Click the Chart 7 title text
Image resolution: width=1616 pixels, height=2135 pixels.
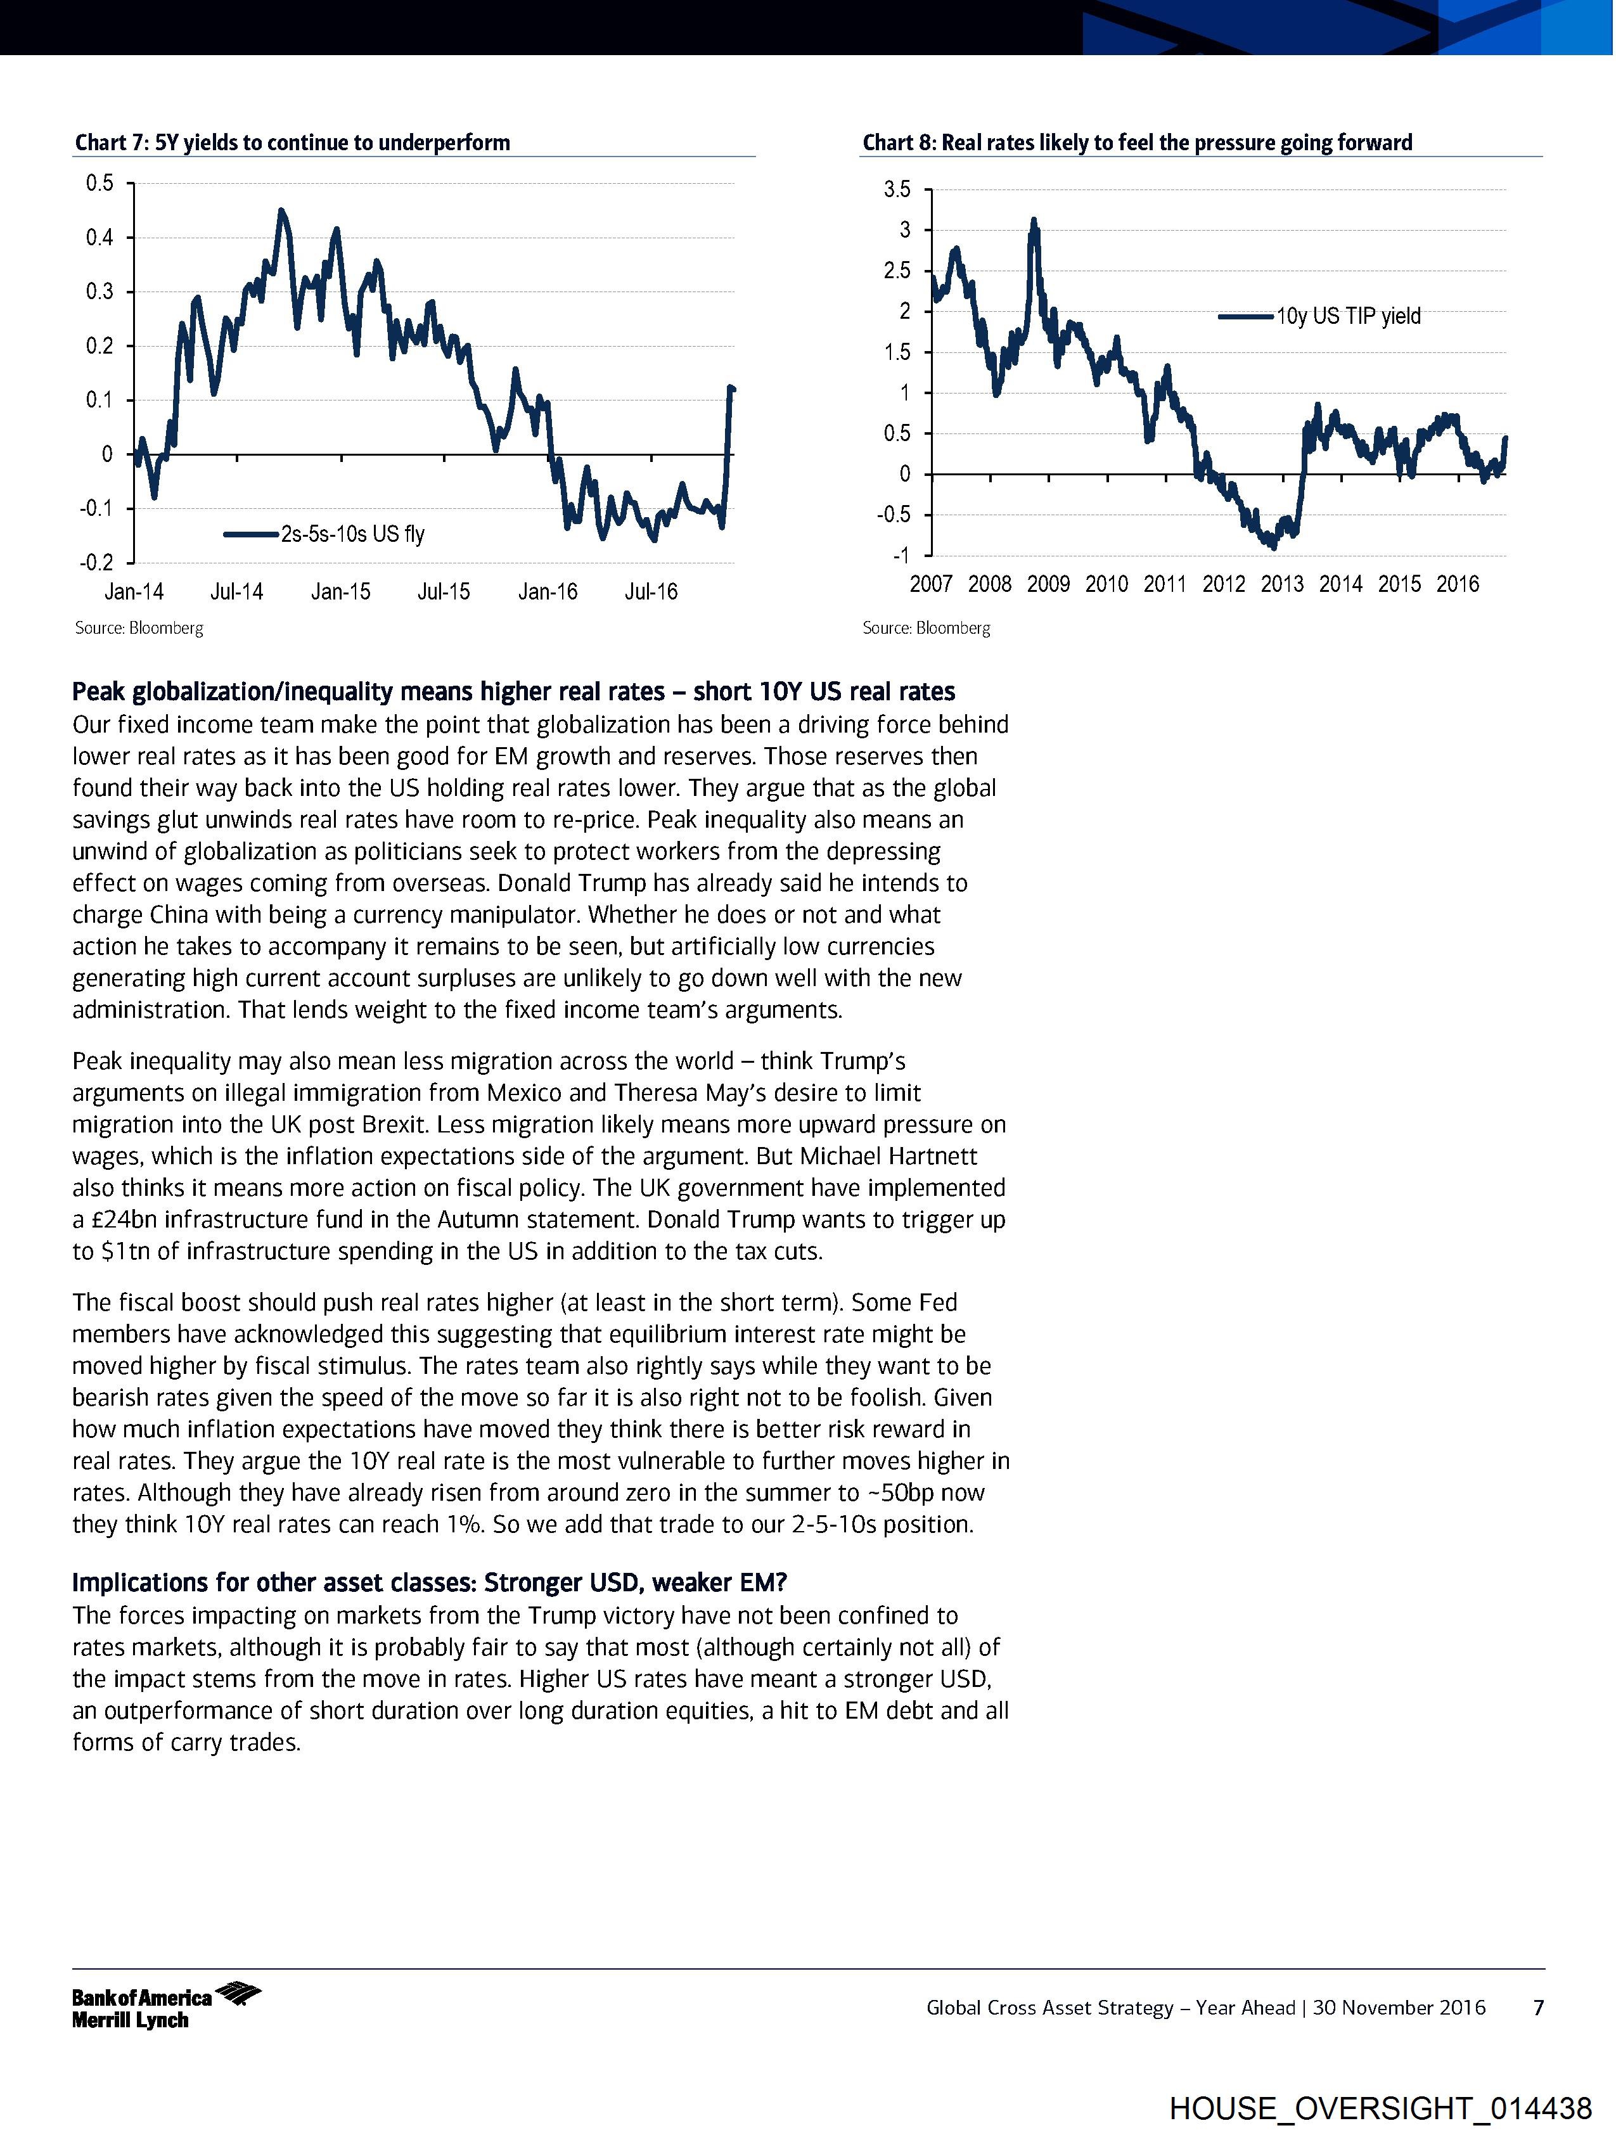(293, 143)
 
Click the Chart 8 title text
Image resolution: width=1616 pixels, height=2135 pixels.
(1136, 143)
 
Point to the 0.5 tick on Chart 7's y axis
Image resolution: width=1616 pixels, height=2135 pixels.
(100, 183)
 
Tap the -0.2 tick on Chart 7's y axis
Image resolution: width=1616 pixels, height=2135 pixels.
(96, 563)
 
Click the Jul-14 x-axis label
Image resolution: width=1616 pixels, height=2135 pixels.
(236, 592)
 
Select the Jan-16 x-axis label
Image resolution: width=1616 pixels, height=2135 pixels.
(548, 592)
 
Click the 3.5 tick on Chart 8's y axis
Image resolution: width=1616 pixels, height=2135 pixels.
(897, 190)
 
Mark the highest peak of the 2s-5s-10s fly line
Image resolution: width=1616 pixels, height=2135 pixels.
(281, 210)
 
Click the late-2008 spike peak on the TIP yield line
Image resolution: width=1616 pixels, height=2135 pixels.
(1034, 221)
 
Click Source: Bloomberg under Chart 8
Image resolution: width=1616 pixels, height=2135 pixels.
(926, 629)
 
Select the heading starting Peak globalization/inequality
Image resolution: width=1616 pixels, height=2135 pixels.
(513, 692)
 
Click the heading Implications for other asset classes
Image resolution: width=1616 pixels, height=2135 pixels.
(430, 1583)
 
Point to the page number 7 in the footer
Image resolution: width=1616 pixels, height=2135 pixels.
(1539, 2008)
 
